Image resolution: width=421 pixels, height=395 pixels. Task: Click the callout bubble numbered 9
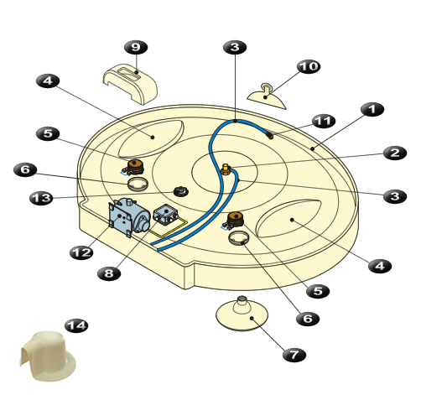click(x=136, y=47)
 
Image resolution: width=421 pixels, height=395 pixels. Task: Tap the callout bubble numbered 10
click(x=309, y=66)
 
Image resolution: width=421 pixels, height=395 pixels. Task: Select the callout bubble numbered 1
click(x=372, y=109)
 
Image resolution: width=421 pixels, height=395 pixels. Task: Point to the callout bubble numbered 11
click(x=324, y=122)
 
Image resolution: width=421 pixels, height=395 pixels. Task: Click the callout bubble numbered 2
click(x=395, y=153)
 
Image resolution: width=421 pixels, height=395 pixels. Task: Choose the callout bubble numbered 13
click(x=41, y=198)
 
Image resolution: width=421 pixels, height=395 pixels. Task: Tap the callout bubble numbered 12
click(x=81, y=252)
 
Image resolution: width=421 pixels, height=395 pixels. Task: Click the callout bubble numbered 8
click(x=109, y=273)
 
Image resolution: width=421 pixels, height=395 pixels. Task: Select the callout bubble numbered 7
click(x=294, y=355)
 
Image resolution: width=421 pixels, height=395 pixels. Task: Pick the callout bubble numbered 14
click(x=76, y=325)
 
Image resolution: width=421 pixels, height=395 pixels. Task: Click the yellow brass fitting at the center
click(x=226, y=169)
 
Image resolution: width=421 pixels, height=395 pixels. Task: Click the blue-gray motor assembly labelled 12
click(x=129, y=217)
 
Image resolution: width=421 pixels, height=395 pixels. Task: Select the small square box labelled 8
click(x=165, y=214)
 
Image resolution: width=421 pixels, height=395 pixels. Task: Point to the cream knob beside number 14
click(x=48, y=356)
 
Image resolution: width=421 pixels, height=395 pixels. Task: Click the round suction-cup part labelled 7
click(x=242, y=314)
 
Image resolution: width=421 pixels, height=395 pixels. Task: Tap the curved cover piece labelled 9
click(x=131, y=84)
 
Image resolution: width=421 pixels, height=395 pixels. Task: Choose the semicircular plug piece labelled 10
click(x=267, y=96)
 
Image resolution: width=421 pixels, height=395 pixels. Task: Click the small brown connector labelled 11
click(x=270, y=136)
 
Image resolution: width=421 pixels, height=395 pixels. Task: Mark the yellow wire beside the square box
click(x=168, y=232)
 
